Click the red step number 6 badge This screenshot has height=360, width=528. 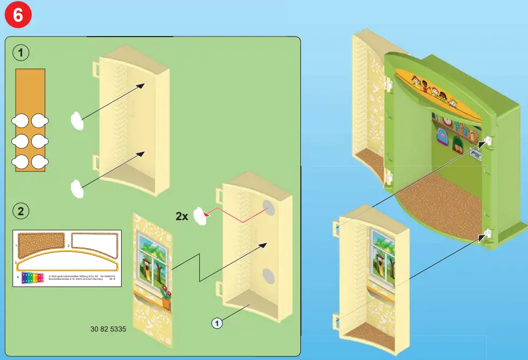click(x=17, y=16)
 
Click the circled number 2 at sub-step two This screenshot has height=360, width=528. click(x=20, y=211)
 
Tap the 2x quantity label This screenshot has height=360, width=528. click(x=182, y=216)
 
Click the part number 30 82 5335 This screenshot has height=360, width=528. click(x=108, y=329)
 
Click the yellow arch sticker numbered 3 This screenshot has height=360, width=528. click(x=67, y=261)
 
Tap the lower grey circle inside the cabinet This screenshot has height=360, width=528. click(x=267, y=276)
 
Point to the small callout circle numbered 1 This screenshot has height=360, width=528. click(x=216, y=323)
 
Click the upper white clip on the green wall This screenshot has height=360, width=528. click(x=488, y=141)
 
